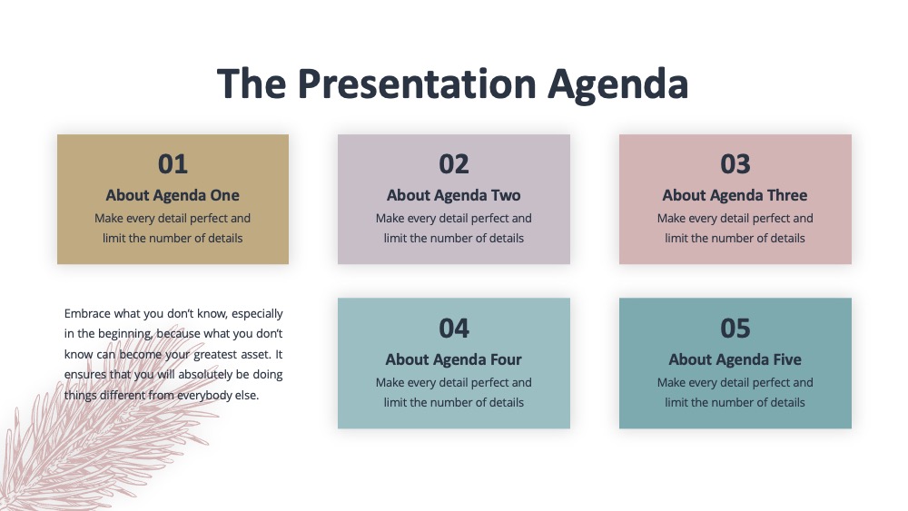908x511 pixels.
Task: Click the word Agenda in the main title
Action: (617, 84)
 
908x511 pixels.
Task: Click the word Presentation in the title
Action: (417, 84)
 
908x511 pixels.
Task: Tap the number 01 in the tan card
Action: (173, 163)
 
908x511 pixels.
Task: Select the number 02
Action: (453, 163)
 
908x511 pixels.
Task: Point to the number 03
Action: (735, 163)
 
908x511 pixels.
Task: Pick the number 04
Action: (453, 329)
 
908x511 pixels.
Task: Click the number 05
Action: (735, 329)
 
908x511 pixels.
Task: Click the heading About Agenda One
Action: (173, 196)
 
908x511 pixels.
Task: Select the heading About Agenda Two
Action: (453, 196)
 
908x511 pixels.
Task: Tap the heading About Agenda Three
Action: (735, 196)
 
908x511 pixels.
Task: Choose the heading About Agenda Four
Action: (453, 360)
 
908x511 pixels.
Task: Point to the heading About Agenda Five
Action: (735, 360)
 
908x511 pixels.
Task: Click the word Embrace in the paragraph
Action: (87, 314)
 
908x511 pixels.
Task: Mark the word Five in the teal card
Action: (787, 360)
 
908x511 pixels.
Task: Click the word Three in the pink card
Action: (787, 196)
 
